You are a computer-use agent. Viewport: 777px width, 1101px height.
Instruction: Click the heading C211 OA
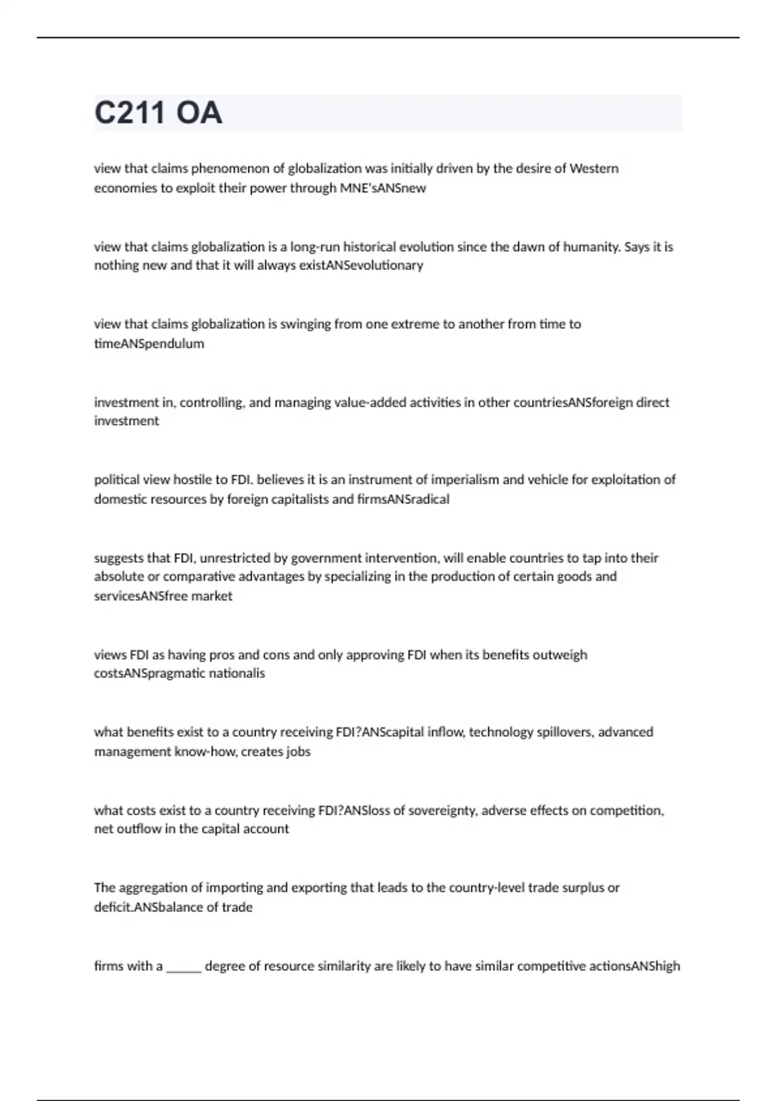coord(158,113)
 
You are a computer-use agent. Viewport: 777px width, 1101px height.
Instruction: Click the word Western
coord(594,168)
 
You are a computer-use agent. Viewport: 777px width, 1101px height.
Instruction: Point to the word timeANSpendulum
coord(149,344)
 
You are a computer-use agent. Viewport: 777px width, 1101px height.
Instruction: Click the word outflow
coord(137,829)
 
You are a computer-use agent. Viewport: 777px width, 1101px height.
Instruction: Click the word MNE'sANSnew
coord(383,188)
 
